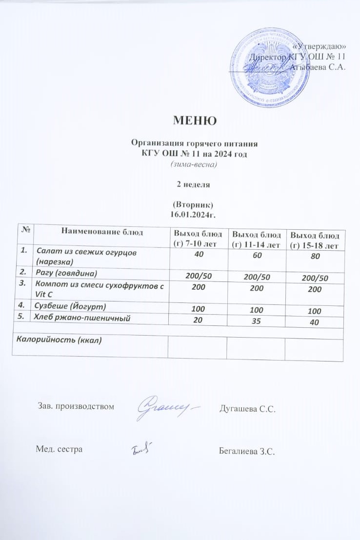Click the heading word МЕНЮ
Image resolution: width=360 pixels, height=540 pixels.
194,120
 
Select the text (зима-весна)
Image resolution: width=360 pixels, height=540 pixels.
194,164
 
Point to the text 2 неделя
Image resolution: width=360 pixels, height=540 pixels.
194,185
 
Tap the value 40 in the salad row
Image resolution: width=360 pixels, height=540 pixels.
198,254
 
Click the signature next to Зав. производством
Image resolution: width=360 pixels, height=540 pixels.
166,407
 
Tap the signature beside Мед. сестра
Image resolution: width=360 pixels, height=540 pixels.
142,448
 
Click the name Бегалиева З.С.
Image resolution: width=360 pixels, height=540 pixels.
248,451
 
